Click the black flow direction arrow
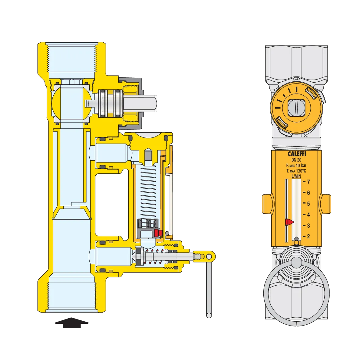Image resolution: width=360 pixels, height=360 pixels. point(72,323)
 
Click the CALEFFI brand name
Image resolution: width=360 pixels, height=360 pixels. point(297,154)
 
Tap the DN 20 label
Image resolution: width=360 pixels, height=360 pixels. point(296,160)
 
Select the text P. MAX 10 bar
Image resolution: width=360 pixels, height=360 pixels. point(296,166)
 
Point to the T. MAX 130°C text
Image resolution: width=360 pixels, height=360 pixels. point(296,171)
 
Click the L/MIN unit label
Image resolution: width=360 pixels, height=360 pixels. point(296,176)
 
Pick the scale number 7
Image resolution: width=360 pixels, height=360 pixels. point(308,182)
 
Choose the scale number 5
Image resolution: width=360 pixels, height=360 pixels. point(308,204)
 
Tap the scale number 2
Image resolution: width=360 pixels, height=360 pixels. point(308,237)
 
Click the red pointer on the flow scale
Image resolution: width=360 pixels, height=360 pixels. point(289,222)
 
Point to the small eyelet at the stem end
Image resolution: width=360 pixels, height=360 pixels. point(209,257)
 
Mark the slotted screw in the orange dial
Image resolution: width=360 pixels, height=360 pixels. point(296,107)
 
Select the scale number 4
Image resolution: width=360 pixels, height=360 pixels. point(308,215)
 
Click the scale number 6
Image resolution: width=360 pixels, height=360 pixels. point(308,193)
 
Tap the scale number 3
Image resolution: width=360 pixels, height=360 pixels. point(308,226)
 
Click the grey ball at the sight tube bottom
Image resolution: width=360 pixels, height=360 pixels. point(296,239)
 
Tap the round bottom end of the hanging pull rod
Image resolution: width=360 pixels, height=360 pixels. point(209,316)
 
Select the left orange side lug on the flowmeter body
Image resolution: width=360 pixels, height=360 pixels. point(267,204)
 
